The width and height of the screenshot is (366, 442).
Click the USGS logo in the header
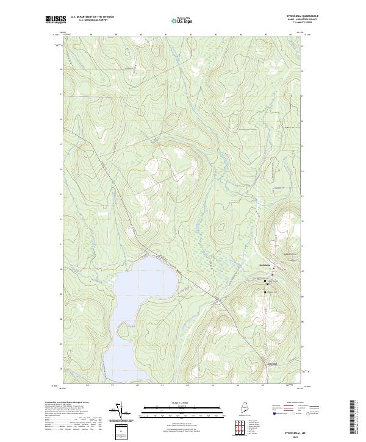[56, 20]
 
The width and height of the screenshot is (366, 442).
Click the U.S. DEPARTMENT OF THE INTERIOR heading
[92, 17]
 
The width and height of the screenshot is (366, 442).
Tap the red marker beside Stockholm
[274, 269]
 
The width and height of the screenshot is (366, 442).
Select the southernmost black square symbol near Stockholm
[265, 293]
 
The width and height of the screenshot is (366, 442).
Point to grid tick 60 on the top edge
[141, 35]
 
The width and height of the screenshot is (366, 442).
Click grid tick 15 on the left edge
[61, 144]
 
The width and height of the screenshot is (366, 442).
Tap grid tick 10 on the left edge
[61, 269]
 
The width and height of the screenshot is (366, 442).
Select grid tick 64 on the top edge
[241, 35]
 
